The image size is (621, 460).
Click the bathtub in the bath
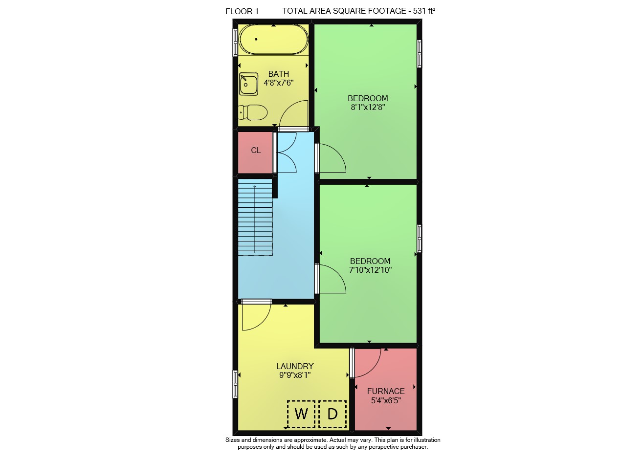(x=273, y=40)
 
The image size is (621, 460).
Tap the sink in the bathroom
(x=248, y=84)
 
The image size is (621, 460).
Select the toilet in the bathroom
(x=253, y=112)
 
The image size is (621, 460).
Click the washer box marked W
(x=301, y=414)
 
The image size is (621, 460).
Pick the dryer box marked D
(x=333, y=414)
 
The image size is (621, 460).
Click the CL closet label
(x=256, y=151)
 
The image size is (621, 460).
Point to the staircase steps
(x=255, y=217)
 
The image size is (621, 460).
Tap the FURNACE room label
(x=386, y=391)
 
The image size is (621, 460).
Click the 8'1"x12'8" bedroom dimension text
(x=368, y=107)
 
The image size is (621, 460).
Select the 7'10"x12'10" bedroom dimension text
(x=370, y=270)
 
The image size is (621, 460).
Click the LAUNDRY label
(x=295, y=366)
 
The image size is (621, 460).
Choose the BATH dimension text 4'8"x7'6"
(x=279, y=83)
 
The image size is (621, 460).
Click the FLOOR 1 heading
(x=242, y=11)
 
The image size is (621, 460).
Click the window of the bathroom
(x=236, y=43)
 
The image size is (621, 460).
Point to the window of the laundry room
(x=236, y=384)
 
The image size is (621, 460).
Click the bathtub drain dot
(x=256, y=39)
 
